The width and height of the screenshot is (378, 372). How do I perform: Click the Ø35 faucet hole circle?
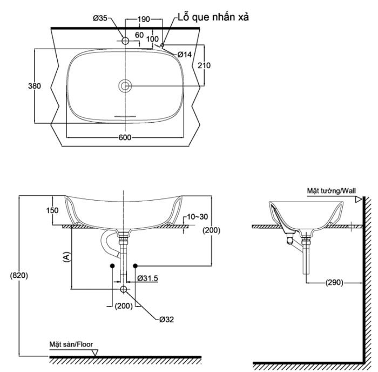coord(125,41)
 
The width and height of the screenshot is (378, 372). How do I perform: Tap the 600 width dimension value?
coord(125,137)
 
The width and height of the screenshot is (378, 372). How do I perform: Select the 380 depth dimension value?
coord(35,86)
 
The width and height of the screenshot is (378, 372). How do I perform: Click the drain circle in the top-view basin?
coord(125,85)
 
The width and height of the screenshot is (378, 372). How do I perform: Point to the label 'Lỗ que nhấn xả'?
coord(213,17)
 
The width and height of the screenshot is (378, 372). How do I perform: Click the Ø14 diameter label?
coord(185,55)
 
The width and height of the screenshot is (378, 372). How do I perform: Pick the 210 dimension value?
coord(204,65)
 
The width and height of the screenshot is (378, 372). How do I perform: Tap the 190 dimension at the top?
coord(144,19)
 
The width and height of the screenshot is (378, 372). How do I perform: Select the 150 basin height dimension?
coord(52,210)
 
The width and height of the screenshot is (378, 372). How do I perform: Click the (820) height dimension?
coord(19,275)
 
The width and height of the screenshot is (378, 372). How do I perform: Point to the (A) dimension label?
coord(66,257)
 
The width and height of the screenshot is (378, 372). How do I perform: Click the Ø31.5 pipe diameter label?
coord(147,278)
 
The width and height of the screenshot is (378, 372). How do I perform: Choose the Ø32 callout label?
coord(166,320)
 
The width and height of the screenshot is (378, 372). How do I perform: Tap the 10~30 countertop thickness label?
coord(197,217)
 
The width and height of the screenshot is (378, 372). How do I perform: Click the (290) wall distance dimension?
coord(334,282)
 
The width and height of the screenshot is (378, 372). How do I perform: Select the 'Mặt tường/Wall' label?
coord(331,191)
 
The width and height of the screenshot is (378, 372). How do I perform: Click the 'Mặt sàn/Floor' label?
coord(71,344)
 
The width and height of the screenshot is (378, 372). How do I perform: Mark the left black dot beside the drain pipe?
coord(112,266)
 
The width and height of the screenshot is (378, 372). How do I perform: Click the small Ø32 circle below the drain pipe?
coord(124,289)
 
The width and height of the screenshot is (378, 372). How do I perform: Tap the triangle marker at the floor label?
coord(95,353)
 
